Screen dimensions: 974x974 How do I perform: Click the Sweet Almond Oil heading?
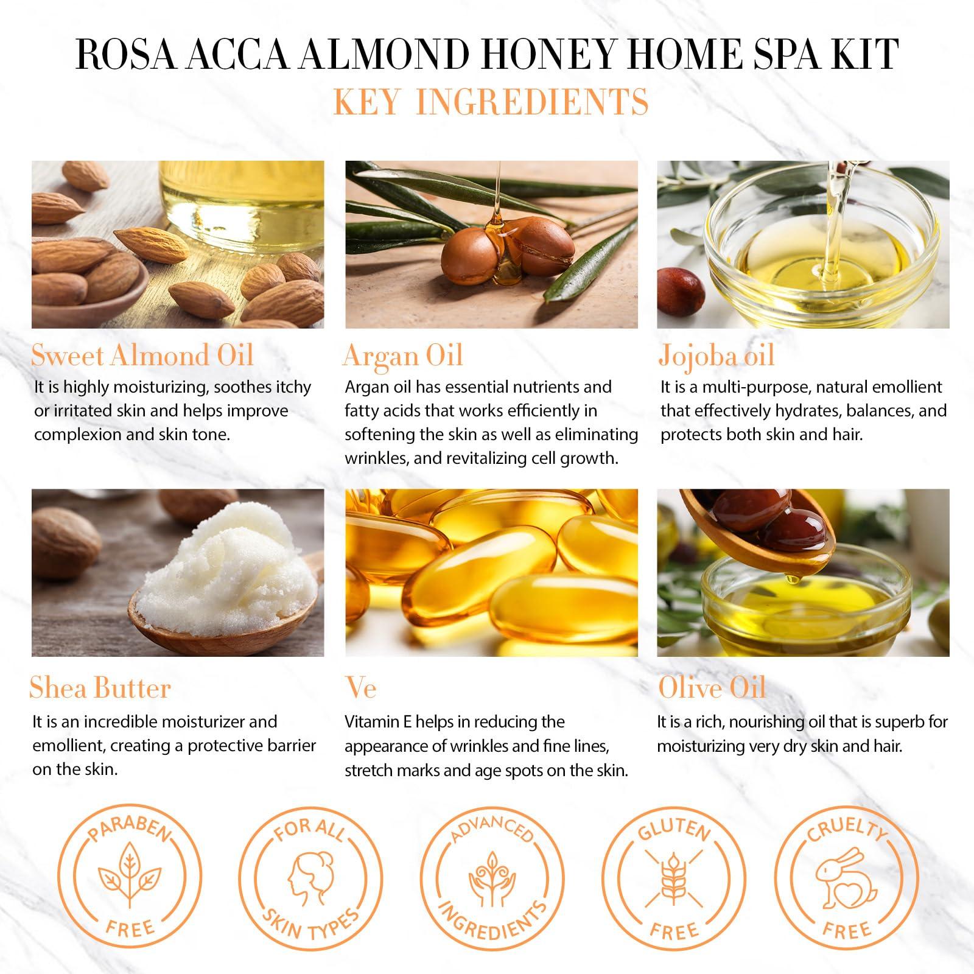coord(142,356)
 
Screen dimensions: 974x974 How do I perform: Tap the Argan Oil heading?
coord(403,356)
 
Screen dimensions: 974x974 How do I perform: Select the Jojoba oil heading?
coord(716,356)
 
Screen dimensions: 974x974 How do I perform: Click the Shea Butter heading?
coord(100,688)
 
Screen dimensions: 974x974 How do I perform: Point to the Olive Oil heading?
coord(712,688)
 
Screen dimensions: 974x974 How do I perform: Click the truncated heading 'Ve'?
coord(361,688)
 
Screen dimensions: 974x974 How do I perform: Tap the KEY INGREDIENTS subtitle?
coord(491,102)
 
